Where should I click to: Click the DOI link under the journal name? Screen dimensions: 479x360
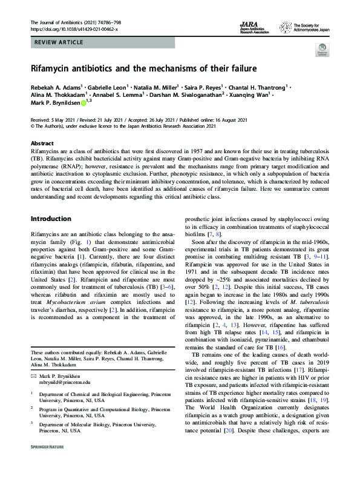pos(74,29)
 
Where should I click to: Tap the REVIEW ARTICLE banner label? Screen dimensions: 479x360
pos(56,45)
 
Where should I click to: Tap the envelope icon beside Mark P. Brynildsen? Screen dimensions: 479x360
pos(33,376)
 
